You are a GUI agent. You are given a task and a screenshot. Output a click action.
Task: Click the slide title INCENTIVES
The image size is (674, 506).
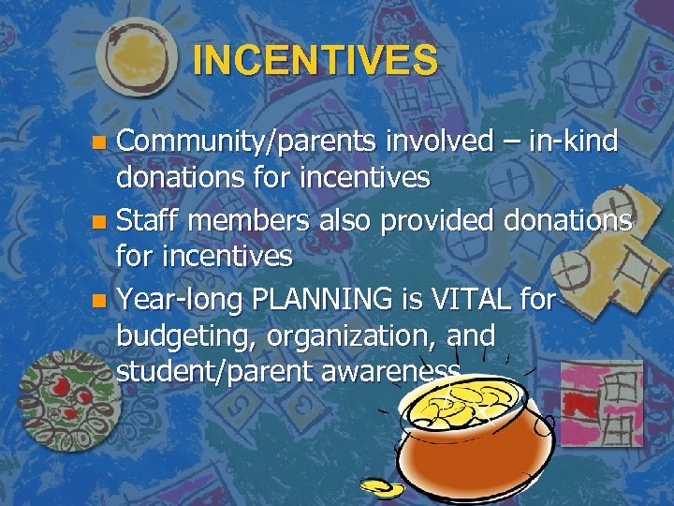315,61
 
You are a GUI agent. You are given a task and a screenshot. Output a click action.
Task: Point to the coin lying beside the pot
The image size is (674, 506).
381,488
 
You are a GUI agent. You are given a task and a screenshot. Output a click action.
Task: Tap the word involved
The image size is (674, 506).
434,141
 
